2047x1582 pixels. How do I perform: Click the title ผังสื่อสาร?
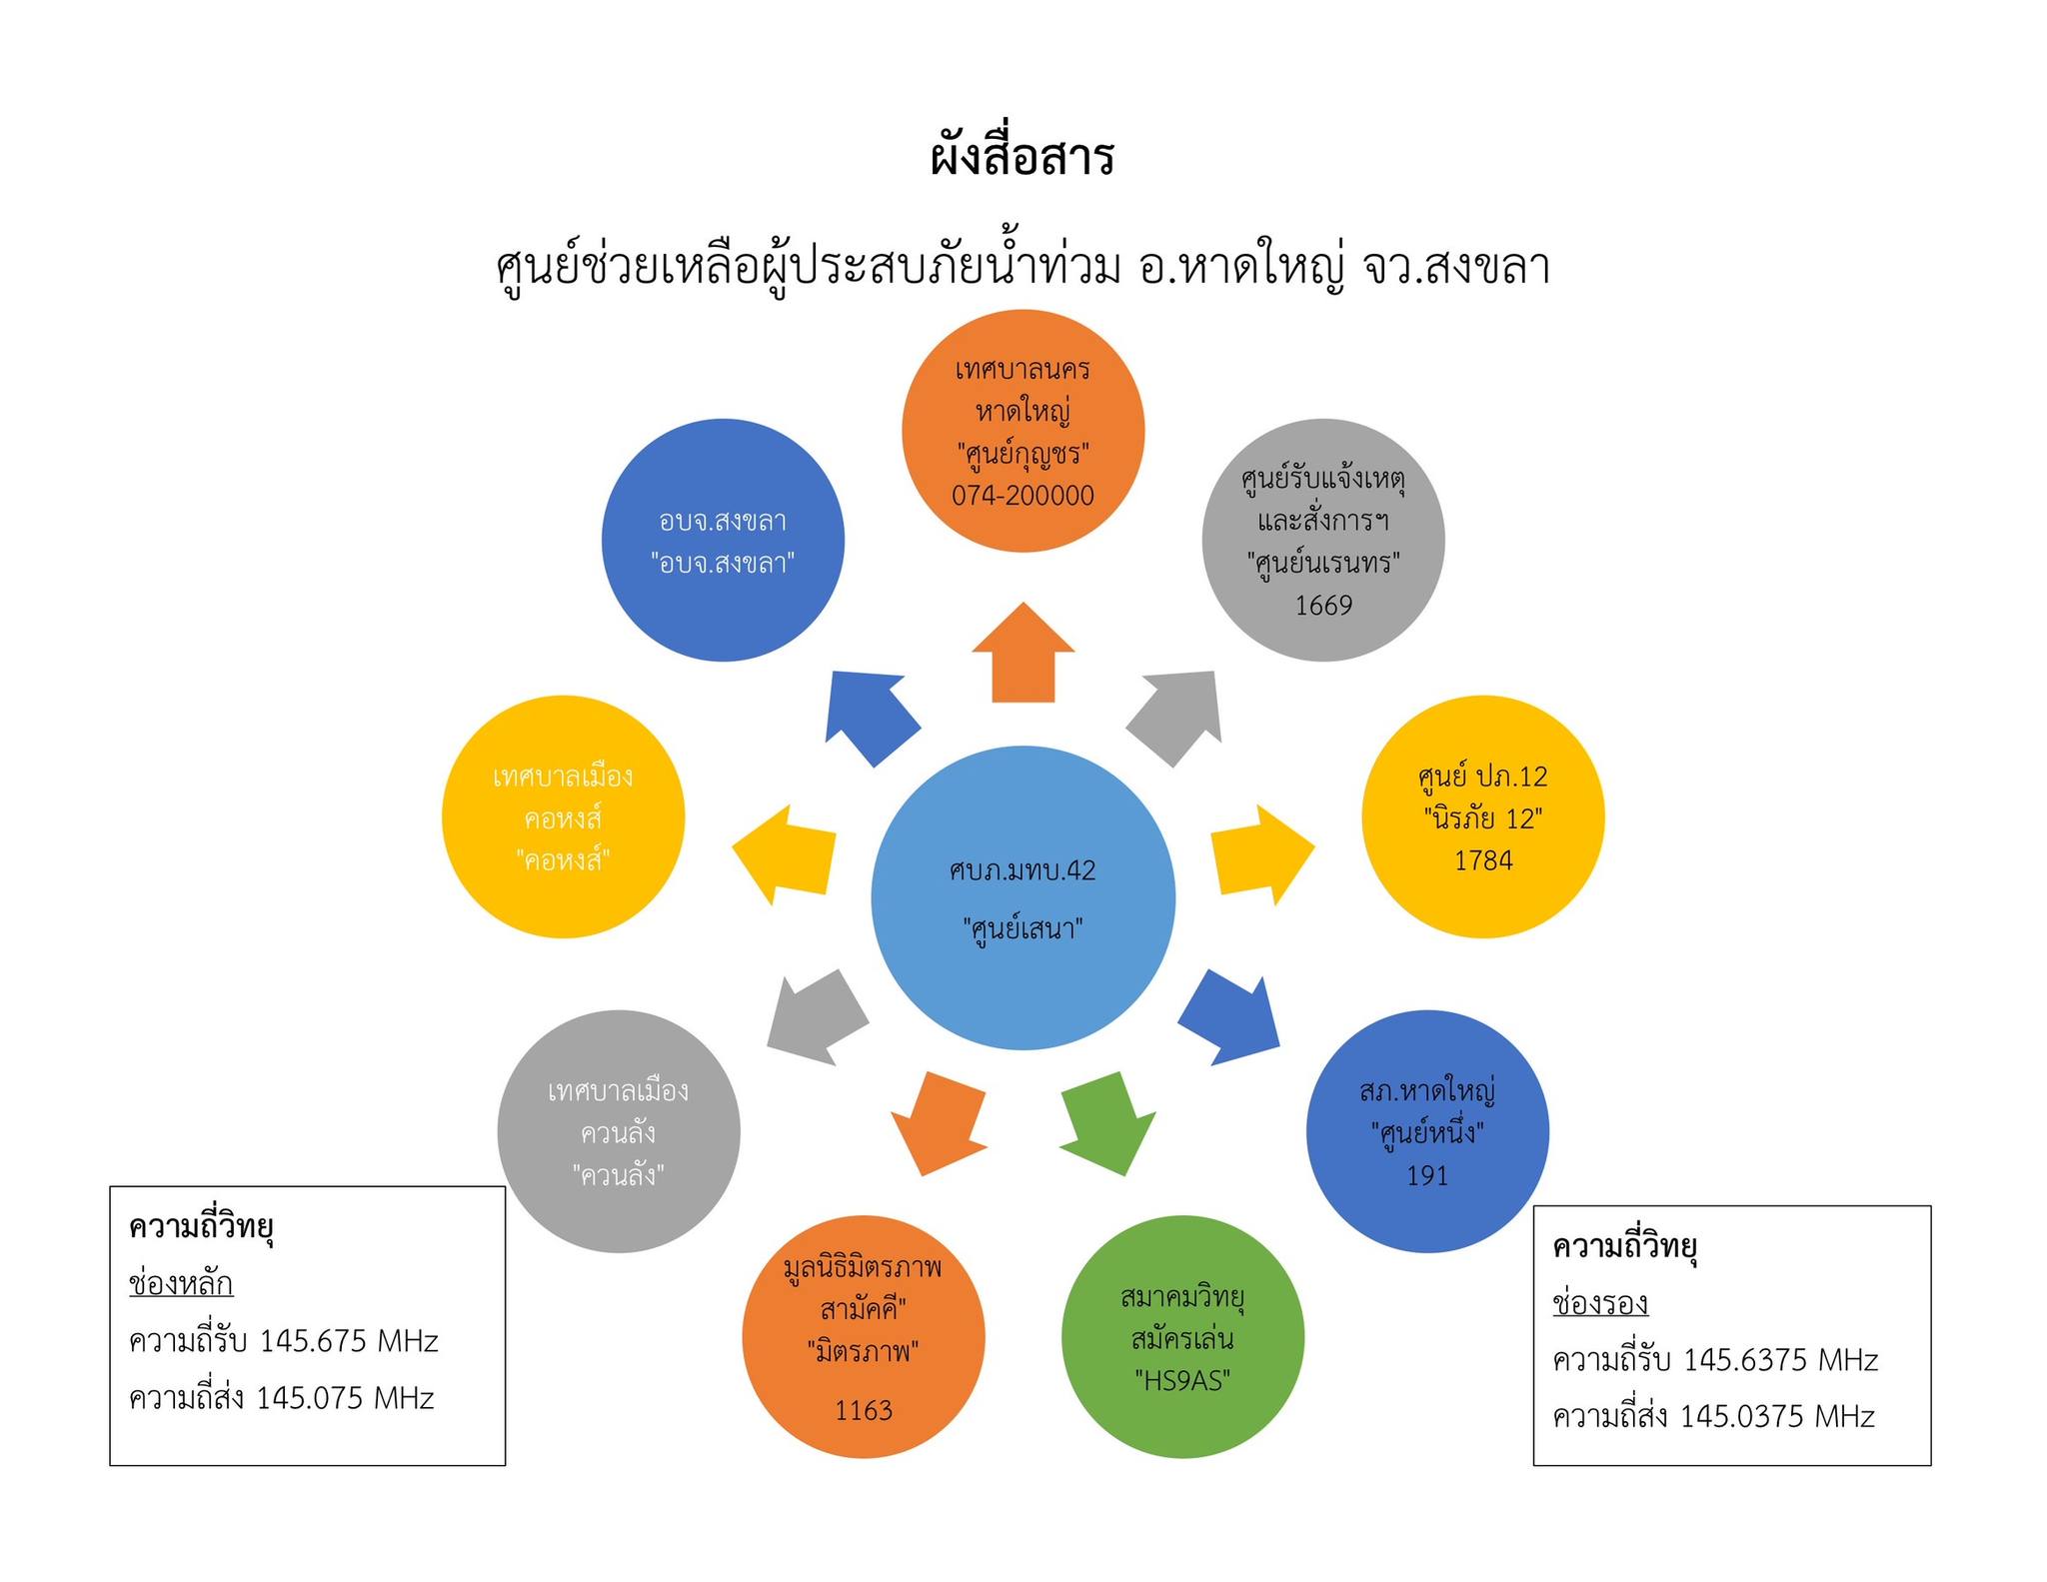1022,158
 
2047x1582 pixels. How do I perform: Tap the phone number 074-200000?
1023,496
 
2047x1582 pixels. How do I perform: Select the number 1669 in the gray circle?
1323,606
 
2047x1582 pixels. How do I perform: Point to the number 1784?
1483,860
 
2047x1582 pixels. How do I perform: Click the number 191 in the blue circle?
1427,1176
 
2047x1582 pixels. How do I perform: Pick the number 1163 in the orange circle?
864,1410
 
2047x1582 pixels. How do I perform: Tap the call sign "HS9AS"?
1182,1381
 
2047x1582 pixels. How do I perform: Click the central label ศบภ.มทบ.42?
1023,870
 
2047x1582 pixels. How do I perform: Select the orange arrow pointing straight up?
1023,654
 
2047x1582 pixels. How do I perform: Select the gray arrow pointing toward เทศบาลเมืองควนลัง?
817,1018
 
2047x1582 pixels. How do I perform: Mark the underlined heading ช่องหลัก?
181,1284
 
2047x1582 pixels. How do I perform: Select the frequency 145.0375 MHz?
1777,1417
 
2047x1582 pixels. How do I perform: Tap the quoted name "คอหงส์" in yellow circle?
564,860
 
